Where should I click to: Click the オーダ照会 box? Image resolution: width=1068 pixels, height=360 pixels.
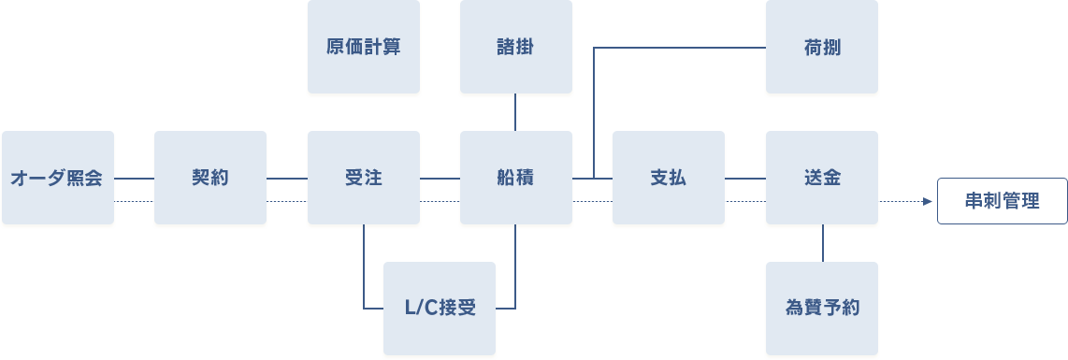58,178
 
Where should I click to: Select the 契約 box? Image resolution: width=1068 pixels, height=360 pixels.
210,178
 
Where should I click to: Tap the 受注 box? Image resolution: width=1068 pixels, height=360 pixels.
363,178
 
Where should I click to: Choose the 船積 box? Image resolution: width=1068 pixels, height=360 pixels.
515,178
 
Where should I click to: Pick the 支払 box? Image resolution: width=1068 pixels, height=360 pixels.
668,178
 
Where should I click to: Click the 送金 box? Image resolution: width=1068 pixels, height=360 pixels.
821,178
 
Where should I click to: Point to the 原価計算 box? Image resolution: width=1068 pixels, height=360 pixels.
363,47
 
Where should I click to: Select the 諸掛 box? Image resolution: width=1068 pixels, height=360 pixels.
515,47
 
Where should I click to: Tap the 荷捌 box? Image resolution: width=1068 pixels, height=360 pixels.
821,47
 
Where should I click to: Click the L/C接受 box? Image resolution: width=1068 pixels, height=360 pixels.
440,309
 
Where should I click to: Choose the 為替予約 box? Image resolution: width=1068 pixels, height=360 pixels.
821,309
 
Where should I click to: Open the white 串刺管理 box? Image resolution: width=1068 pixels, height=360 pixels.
1002,200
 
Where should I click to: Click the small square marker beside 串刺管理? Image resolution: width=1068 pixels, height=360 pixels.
929,201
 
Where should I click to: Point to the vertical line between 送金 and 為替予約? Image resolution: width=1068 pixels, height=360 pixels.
822,243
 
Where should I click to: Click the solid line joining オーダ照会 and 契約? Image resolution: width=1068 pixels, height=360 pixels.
134,178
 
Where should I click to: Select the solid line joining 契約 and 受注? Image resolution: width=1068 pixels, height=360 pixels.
286,178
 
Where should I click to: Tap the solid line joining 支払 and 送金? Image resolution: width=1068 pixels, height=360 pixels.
744,178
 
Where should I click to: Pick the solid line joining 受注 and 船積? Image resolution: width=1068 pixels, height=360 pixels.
439,178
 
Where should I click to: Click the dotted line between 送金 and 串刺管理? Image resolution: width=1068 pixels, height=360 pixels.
900,201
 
